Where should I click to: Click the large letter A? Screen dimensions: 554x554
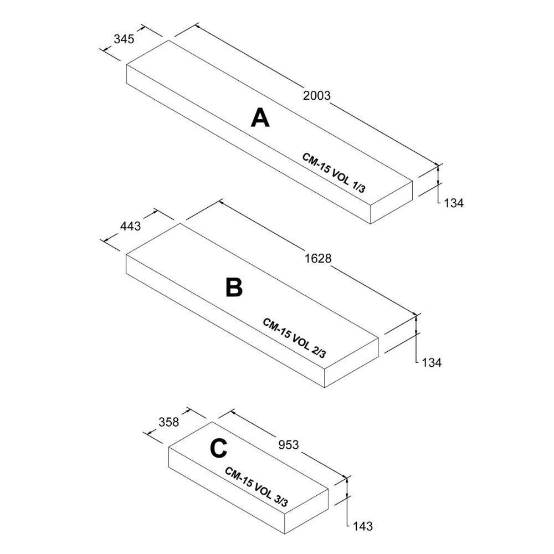[260, 117]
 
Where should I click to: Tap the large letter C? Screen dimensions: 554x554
[218, 449]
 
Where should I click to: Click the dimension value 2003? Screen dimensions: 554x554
[317, 95]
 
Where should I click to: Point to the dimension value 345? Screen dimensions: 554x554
[124, 39]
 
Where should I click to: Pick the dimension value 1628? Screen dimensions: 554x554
[318, 258]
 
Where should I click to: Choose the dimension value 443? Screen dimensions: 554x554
[130, 226]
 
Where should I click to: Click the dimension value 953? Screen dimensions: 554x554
[288, 444]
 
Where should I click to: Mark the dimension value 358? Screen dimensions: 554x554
[169, 422]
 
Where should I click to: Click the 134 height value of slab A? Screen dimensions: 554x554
[454, 203]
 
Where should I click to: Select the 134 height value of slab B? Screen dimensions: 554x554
[432, 363]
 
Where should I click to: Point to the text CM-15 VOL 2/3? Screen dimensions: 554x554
[294, 338]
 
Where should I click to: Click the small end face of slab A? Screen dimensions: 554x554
[392, 202]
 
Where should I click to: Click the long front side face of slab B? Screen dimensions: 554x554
[222, 321]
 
